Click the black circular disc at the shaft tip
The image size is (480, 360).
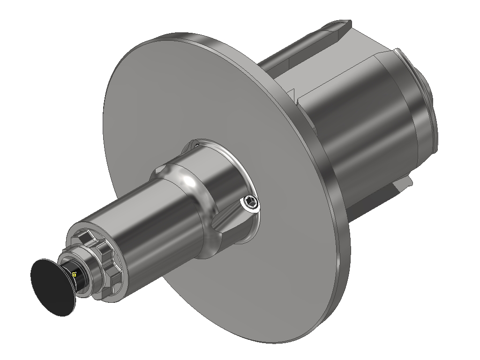coord(51,286)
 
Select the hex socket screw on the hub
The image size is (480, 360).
coord(250,204)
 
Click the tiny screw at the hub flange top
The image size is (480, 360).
coord(197,145)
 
